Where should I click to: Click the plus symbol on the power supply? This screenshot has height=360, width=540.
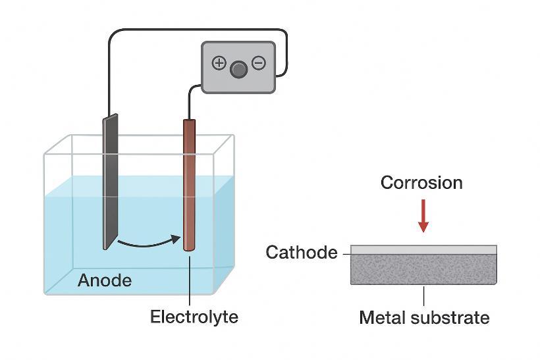tap(219, 63)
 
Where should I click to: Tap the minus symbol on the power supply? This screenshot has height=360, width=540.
tap(259, 63)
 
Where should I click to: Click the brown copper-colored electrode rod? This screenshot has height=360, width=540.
tap(190, 184)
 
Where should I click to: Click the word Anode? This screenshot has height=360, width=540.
tap(105, 280)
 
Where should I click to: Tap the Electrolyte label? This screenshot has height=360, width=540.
tap(194, 317)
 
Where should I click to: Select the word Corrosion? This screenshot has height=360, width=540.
tap(421, 182)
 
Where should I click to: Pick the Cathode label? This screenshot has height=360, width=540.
tap(302, 253)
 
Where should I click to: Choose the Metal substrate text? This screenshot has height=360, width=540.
tap(424, 318)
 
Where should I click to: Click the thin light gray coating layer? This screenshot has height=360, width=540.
tap(423, 250)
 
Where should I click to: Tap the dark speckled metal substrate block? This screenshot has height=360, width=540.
tap(423, 269)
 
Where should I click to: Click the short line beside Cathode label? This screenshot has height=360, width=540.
tap(345, 253)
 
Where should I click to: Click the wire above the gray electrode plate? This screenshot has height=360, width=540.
tap(109, 72)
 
